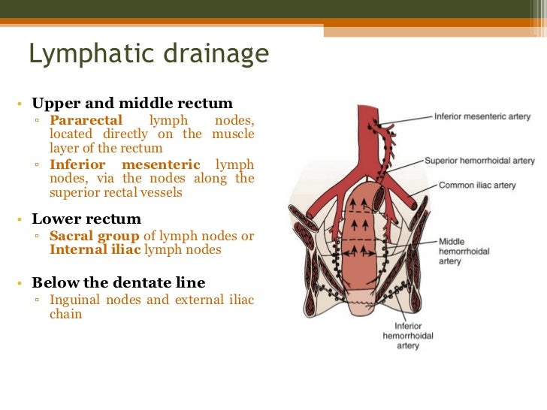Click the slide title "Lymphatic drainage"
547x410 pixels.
[148, 55]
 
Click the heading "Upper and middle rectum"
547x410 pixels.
[132, 104]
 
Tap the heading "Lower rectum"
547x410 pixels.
[86, 219]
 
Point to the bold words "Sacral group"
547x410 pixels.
[95, 236]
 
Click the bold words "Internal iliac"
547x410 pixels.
[95, 250]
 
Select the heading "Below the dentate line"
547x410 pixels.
[118, 283]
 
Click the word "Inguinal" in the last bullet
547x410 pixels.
[74, 300]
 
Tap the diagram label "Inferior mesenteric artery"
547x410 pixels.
[482, 117]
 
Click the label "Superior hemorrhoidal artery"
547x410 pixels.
[479, 161]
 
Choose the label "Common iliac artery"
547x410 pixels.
[477, 185]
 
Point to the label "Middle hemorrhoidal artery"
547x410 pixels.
[464, 251]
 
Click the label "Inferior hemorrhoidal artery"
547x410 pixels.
[408, 336]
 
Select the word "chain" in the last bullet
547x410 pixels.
[66, 315]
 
